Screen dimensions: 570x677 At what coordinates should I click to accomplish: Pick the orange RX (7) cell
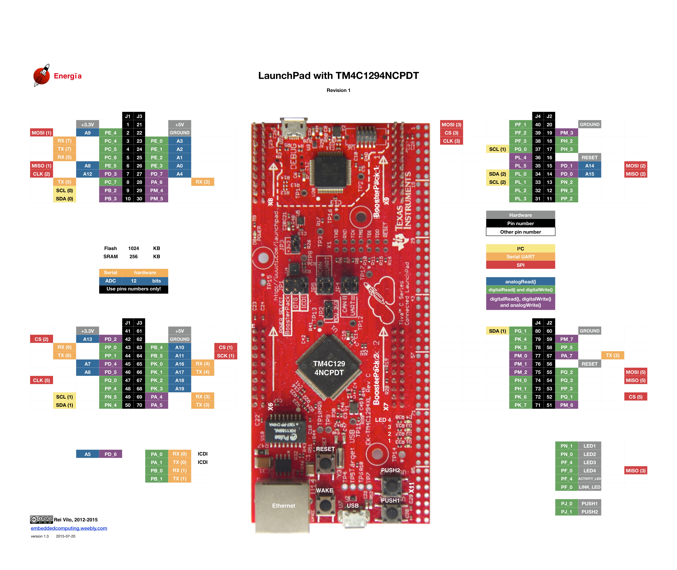click(x=64, y=141)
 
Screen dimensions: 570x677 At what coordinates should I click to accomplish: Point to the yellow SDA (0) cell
click(x=64, y=199)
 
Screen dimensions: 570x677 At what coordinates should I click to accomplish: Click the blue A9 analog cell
click(x=87, y=133)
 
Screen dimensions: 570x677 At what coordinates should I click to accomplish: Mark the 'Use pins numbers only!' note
click(x=134, y=289)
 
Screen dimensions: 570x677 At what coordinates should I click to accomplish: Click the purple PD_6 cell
click(x=110, y=454)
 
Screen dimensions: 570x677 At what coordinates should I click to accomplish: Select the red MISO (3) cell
click(x=635, y=471)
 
